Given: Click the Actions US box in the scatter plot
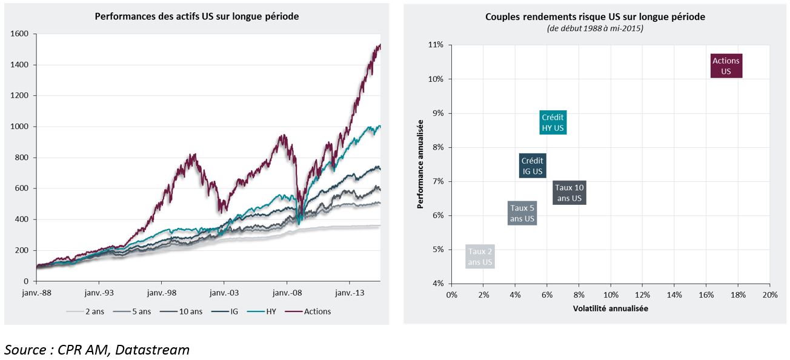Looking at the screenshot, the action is (726, 65).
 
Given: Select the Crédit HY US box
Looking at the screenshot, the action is (553, 122).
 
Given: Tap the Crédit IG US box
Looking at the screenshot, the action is (533, 165).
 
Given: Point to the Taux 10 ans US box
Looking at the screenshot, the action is (569, 192).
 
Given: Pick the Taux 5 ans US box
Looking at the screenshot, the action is (522, 213).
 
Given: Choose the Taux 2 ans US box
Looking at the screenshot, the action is (480, 256).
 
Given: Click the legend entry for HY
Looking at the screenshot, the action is (262, 312).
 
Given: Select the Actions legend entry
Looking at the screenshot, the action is (308, 312).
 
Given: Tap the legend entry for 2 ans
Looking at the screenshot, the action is (85, 312).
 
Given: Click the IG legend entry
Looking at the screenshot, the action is (225, 312).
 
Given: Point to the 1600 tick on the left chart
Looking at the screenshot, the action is (19, 34).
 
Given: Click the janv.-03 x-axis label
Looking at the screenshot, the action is (224, 293).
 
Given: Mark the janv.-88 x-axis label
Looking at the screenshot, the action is (36, 293).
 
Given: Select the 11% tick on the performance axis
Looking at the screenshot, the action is (436, 45).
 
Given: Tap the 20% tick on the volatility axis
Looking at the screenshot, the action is (770, 295).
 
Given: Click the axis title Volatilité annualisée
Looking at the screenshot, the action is (611, 308).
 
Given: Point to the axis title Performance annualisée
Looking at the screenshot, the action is (420, 164).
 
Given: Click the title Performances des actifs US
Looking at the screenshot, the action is (197, 16).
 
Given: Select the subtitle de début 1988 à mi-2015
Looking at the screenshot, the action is (596, 28).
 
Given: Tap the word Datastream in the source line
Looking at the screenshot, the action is (152, 350).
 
